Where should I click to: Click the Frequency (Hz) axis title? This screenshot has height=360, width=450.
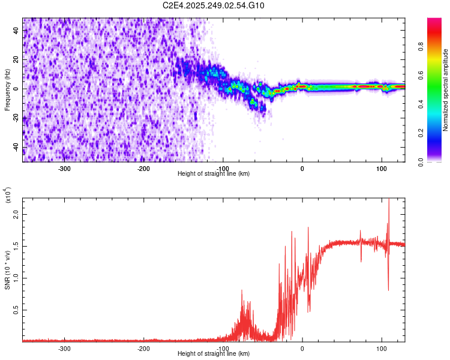pyautogui.click(x=7, y=90)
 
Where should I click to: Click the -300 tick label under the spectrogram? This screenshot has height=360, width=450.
pyautogui.click(x=65, y=168)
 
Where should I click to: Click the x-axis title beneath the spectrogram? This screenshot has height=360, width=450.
pyautogui.click(x=214, y=174)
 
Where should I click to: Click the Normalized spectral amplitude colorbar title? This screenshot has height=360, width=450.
pyautogui.click(x=445, y=90)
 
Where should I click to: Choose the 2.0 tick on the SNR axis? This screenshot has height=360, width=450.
pyautogui.click(x=14, y=214)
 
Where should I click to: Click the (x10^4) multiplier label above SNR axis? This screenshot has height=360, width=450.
pyautogui.click(x=8, y=196)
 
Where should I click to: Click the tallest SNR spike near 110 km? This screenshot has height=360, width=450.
pyautogui.click(x=389, y=201)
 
